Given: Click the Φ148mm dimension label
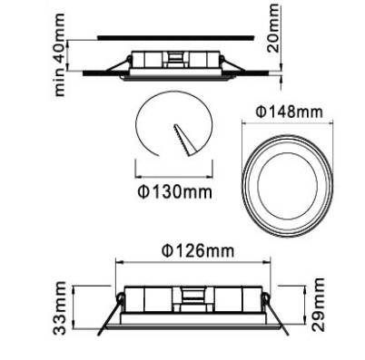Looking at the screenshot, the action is pos(289,112).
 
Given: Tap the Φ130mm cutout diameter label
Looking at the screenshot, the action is pos(175,191).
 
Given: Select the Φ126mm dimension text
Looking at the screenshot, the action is pos(198,251).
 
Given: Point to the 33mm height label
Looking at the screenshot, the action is pos(59,307).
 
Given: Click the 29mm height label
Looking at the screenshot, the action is pos(319,305).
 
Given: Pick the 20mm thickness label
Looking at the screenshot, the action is pos(273,28).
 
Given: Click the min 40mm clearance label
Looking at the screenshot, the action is pos(59,54).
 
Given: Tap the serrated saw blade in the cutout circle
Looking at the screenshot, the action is pos(185,140).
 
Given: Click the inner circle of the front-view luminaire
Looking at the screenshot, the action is pos(288,186).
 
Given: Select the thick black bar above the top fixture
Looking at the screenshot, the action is pos(175,38).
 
